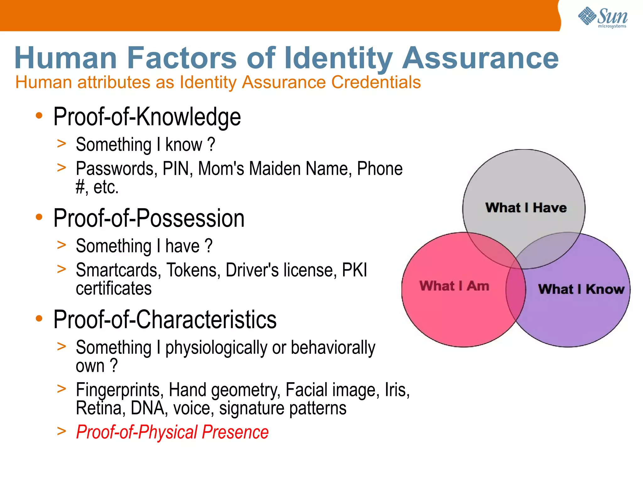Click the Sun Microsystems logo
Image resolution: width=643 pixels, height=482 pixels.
pos(602,17)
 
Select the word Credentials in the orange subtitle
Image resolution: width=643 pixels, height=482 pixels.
pos(376,82)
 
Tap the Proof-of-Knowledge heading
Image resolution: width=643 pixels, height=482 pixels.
pos(147,117)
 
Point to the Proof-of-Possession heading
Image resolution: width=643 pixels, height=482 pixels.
pos(149,218)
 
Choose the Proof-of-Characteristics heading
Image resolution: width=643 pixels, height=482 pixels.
pos(165,320)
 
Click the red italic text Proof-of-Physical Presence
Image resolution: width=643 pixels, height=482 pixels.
pos(172,432)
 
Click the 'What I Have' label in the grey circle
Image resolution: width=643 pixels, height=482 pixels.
pos(526,208)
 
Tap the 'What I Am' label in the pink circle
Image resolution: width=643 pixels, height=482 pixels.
pos(454,286)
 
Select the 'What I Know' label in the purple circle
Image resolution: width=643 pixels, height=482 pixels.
pos(581,289)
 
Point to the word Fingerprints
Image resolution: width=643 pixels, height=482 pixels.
pos(120,390)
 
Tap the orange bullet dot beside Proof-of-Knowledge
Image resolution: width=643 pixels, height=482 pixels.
pos(39,116)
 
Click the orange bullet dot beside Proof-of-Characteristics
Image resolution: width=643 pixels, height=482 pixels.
pos(39,318)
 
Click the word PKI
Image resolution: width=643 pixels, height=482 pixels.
pos(354,270)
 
